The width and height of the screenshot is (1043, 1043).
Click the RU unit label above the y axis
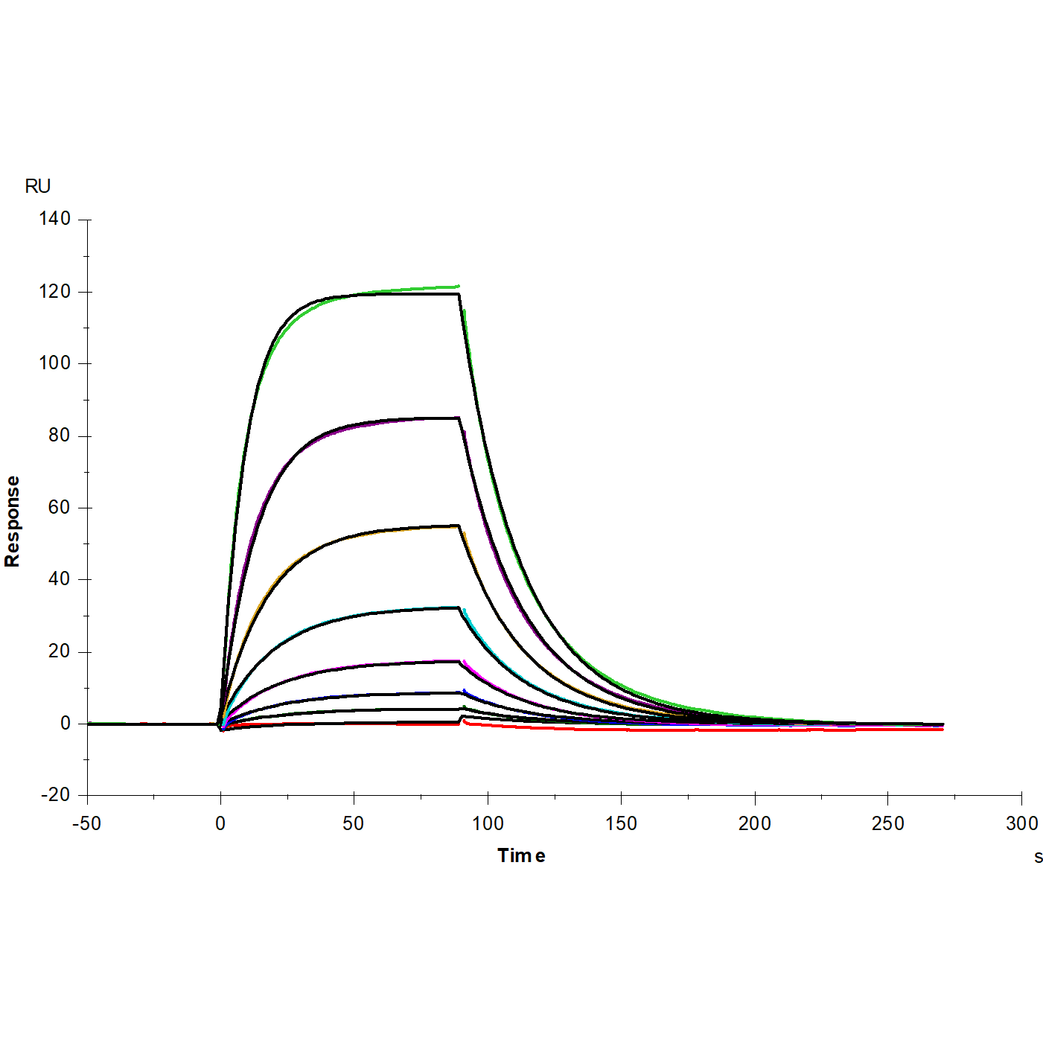coord(38,186)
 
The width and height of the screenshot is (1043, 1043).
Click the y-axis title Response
coord(12,521)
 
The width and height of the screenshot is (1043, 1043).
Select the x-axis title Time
coord(521,856)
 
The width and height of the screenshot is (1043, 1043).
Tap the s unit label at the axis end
coord(1038,857)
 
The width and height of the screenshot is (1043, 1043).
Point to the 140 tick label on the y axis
coord(55,219)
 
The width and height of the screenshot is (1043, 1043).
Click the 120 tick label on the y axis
coord(55,292)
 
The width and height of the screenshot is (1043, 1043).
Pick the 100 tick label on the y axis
coord(55,363)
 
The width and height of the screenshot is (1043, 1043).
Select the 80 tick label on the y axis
coord(60,436)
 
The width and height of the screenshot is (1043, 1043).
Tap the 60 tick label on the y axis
coord(60,508)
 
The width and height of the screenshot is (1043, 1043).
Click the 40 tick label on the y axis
coord(60,579)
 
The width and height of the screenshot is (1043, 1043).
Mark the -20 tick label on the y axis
coord(55,795)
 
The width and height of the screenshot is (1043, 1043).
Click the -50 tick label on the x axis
coord(86,823)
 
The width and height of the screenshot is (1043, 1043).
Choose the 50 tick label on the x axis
coord(354,823)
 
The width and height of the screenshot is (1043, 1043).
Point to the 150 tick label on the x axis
coord(621,823)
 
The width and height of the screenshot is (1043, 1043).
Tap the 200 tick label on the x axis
coord(754,823)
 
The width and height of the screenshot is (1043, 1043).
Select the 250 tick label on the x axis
coord(887,823)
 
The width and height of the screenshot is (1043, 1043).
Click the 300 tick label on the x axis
coord(1021,823)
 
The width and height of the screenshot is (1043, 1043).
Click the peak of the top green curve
coord(457,286)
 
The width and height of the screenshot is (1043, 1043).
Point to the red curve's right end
coord(942,730)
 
